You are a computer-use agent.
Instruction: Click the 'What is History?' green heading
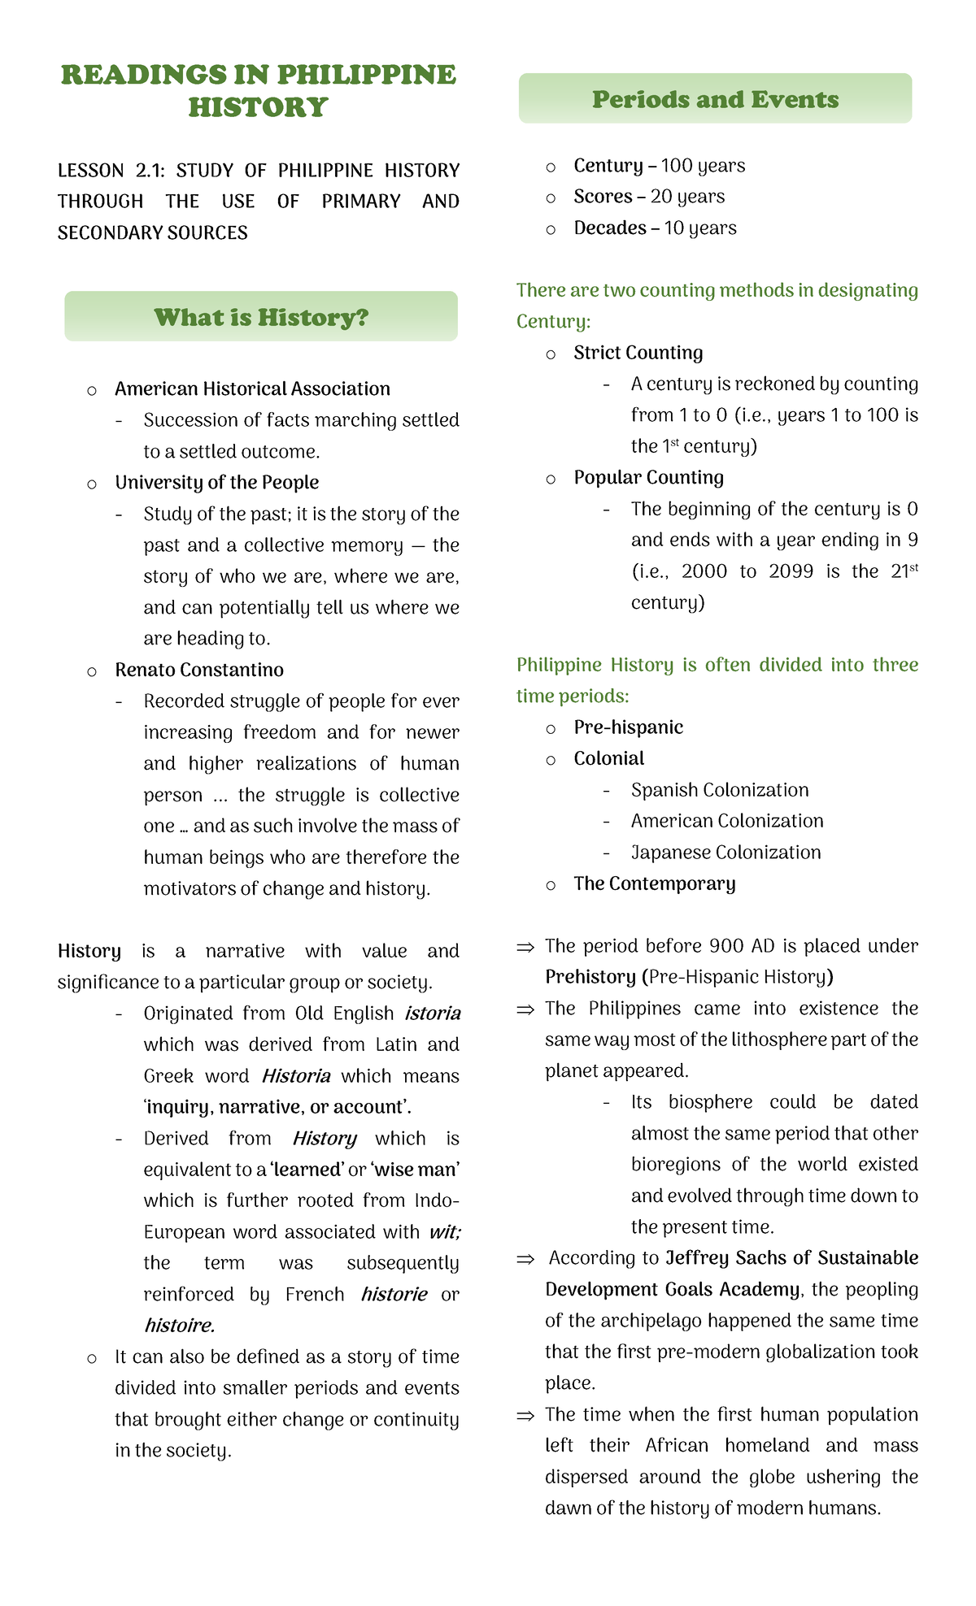261,317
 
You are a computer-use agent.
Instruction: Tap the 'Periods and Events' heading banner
715,99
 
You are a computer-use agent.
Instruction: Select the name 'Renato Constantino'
199,670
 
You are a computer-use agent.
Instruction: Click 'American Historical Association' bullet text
252,388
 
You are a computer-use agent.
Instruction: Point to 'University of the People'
216,482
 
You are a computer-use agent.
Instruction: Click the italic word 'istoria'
433,1014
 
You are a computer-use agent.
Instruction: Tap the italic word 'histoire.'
179,1326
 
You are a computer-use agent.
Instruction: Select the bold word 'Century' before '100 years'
608,166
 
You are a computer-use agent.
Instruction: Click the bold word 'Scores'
603,197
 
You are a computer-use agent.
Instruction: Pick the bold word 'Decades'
610,228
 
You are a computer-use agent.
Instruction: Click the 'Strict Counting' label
638,353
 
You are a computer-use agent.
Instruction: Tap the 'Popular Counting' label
648,477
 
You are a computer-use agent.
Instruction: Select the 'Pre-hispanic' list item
628,727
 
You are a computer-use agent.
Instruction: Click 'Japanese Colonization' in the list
725,852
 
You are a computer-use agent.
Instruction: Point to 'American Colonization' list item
727,821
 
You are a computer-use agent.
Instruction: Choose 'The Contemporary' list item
654,883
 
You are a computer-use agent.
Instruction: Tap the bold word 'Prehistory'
590,976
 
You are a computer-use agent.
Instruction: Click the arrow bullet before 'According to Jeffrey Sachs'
525,1259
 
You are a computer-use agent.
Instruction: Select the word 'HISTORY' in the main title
258,107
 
